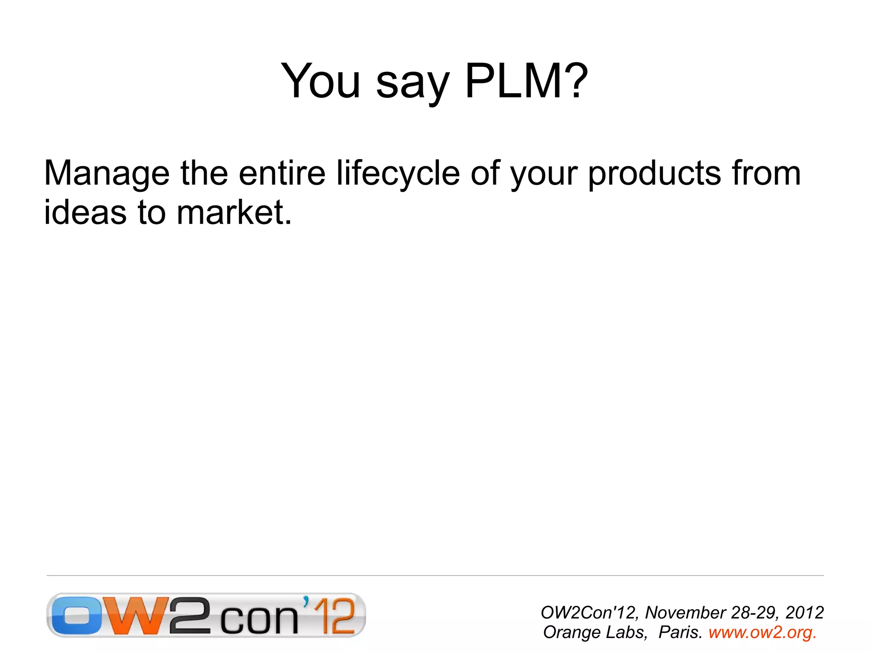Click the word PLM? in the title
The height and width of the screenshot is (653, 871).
(x=526, y=81)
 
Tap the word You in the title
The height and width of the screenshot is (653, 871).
(x=321, y=81)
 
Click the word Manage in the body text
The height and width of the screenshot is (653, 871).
(x=107, y=174)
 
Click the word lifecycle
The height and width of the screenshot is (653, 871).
(x=398, y=174)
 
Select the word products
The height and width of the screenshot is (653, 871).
(x=655, y=174)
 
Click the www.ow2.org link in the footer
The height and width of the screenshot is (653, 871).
(x=762, y=632)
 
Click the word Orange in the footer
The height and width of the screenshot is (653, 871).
(x=570, y=633)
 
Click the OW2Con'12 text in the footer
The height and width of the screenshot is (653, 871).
(x=589, y=613)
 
